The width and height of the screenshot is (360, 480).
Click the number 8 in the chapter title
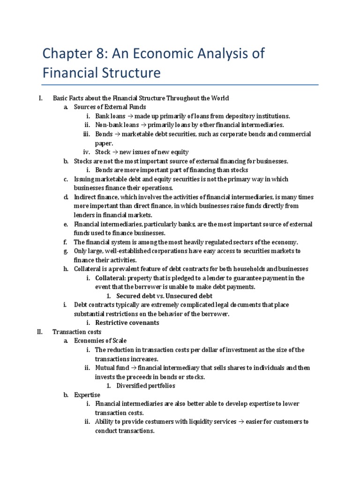pyautogui.click(x=95, y=54)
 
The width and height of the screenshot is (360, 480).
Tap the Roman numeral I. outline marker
pyautogui.click(x=41, y=98)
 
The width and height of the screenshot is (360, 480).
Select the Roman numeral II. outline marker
pyautogui.click(x=40, y=332)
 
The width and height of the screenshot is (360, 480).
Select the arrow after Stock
pyautogui.click(x=115, y=152)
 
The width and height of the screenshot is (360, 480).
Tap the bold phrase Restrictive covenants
pyautogui.click(x=127, y=322)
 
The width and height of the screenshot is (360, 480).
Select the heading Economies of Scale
pyautogui.click(x=100, y=341)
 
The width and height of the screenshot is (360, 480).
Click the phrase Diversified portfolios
pyautogui.click(x=146, y=386)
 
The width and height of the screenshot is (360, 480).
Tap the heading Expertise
pyautogui.click(x=87, y=395)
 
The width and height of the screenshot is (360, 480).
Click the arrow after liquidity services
pyautogui.click(x=240, y=422)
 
